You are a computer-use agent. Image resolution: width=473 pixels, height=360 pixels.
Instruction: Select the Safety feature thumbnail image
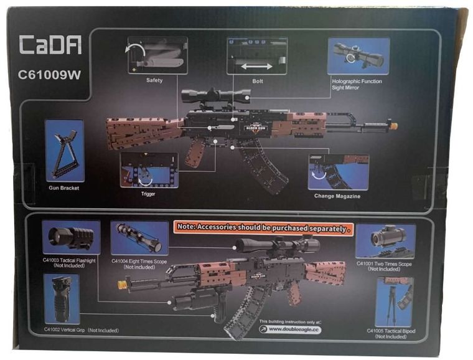[x=157, y=55]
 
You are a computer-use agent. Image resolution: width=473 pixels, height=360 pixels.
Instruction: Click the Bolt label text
[x=258, y=81]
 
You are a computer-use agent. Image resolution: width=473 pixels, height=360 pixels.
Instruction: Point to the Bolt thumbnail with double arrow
[x=257, y=56]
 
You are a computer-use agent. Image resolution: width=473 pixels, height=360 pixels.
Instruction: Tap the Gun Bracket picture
[x=65, y=151]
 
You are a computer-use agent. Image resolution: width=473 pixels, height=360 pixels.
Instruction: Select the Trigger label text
[x=148, y=194]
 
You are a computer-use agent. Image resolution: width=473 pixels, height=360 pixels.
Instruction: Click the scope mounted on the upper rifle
[x=216, y=95]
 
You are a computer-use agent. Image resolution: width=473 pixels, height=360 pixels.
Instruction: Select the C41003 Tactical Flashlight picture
[x=72, y=237]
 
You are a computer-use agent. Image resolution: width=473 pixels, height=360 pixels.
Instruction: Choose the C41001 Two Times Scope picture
[x=385, y=240]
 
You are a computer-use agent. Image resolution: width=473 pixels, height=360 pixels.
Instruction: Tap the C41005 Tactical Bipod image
[x=395, y=301]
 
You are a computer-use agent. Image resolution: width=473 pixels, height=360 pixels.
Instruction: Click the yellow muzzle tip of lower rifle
[x=123, y=285]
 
